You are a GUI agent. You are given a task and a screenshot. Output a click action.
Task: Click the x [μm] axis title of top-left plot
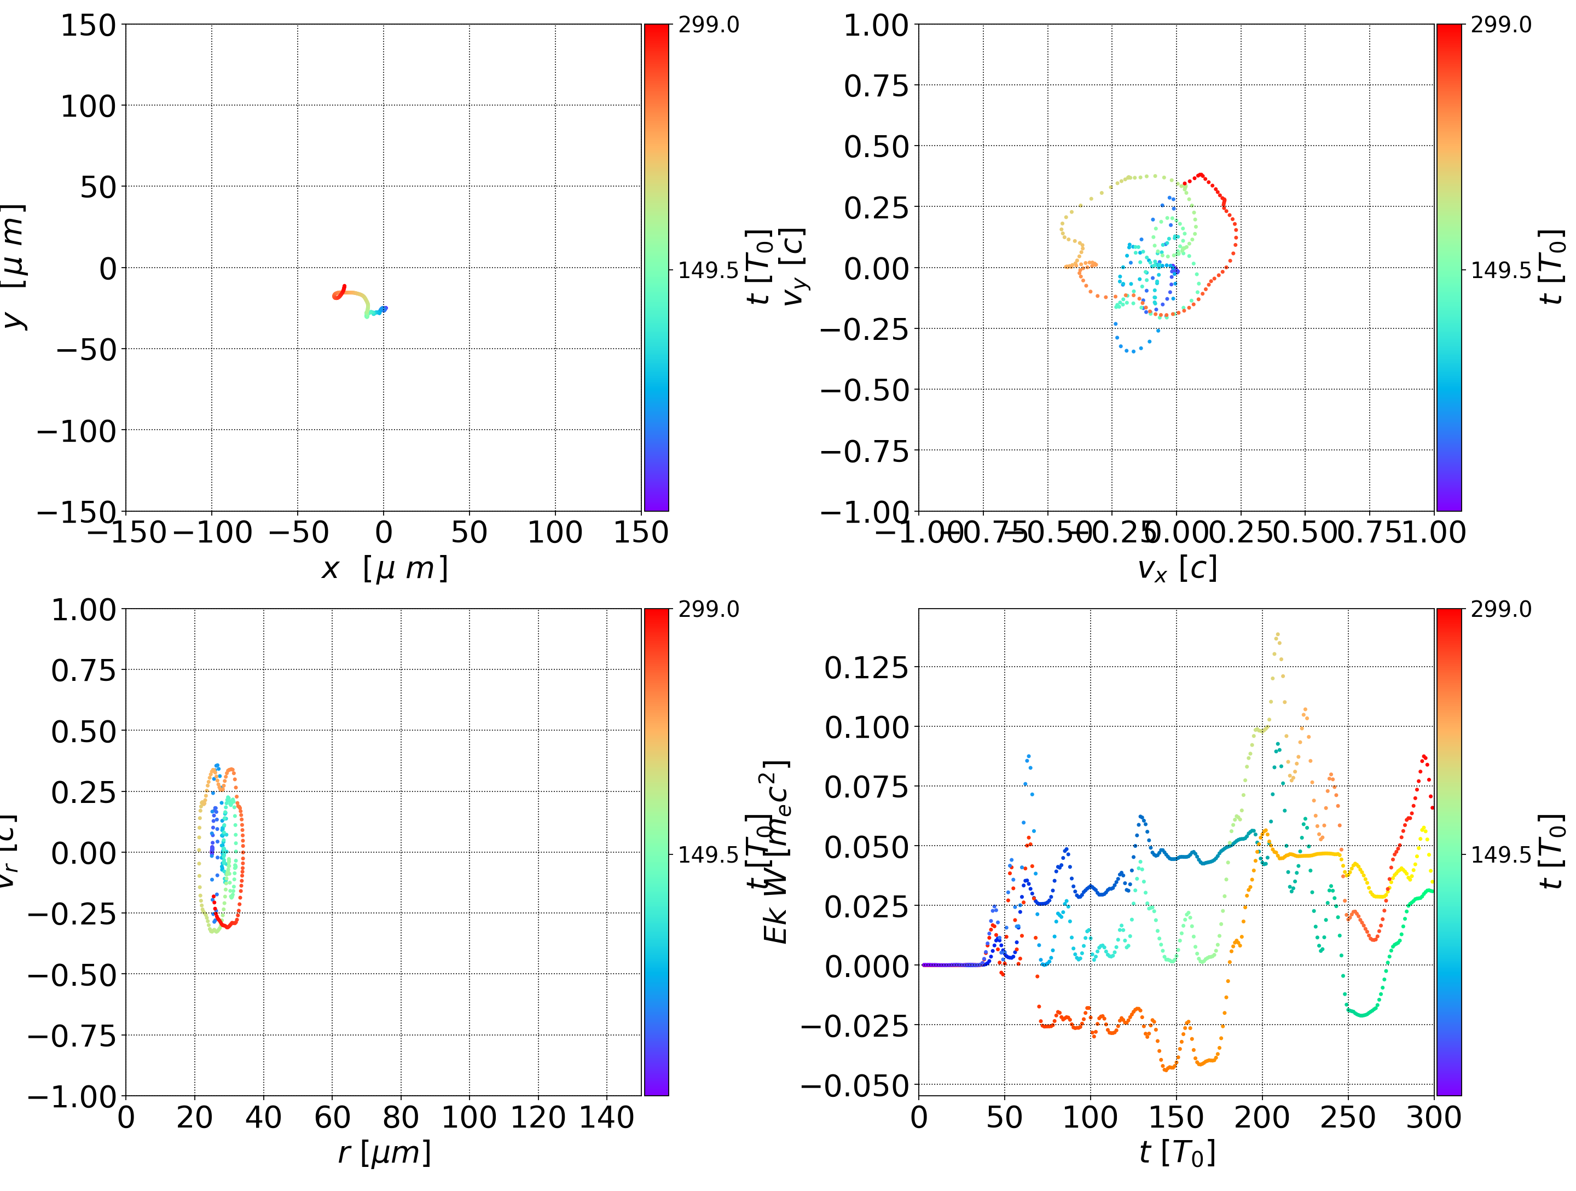tap(385, 569)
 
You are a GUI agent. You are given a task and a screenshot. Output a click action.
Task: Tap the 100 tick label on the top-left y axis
tap(88, 106)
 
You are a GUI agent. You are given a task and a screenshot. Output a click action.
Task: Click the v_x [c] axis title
tap(1177, 569)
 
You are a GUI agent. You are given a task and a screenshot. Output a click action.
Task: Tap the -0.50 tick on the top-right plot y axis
tap(865, 390)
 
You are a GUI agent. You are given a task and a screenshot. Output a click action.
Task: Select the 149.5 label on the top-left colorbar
tap(708, 270)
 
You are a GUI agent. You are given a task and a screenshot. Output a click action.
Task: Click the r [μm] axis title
tap(385, 1153)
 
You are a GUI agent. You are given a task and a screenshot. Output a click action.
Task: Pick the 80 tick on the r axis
tap(401, 1117)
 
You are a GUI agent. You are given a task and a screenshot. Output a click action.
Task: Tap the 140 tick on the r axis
tap(606, 1117)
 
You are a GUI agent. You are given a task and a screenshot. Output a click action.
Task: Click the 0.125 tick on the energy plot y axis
tap(866, 667)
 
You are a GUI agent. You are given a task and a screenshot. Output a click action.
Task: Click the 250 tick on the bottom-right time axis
tap(1348, 1117)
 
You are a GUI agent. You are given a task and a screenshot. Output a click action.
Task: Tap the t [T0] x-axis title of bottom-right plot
tap(1177, 1153)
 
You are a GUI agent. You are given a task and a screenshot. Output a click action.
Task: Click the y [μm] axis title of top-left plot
tap(14, 267)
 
